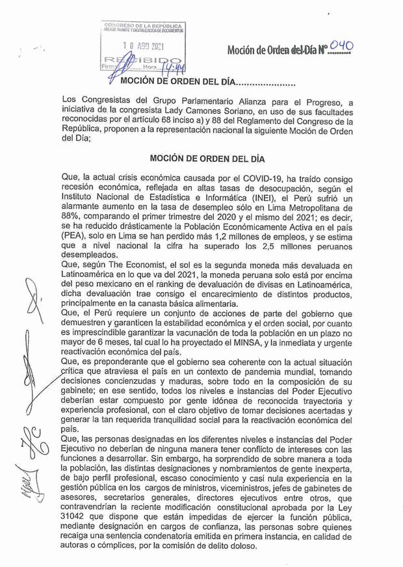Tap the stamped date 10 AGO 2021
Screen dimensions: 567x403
pos(144,46)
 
